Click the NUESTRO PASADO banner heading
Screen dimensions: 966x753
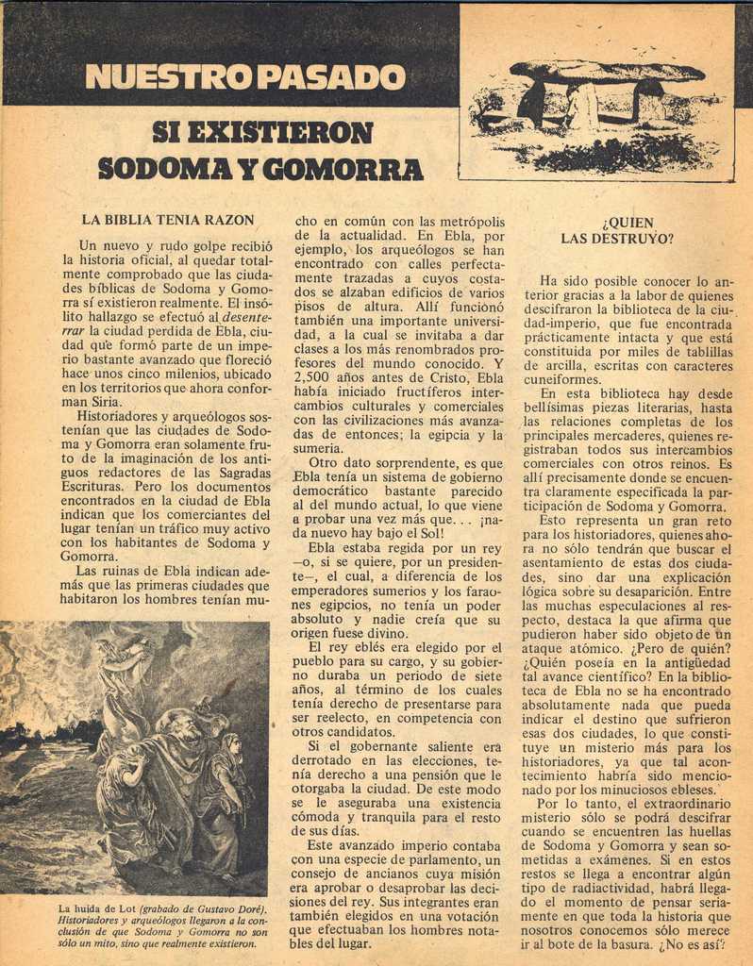tap(245, 76)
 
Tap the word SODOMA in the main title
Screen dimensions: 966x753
tap(163, 169)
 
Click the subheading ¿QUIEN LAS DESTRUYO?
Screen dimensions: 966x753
tap(617, 231)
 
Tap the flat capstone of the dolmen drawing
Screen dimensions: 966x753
tap(608, 72)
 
